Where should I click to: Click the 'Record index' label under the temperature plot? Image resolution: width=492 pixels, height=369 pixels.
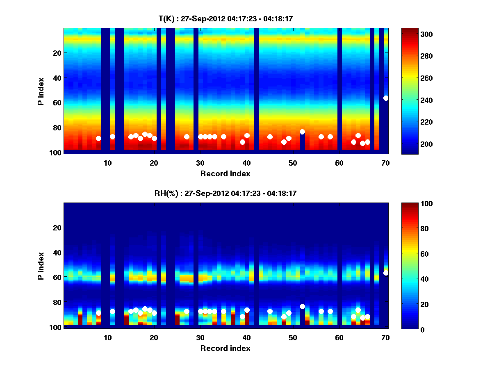pos(225,173)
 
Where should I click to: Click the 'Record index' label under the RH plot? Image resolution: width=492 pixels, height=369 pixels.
pos(225,348)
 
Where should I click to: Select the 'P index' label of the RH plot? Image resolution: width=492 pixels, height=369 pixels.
pos(41,265)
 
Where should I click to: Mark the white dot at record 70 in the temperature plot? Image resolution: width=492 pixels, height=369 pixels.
pos(386,98)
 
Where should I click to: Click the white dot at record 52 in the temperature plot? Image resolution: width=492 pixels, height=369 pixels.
pos(302,132)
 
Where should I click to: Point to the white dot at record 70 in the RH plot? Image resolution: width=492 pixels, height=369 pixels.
pos(386,273)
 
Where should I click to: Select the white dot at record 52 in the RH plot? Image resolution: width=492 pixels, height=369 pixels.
pos(302,306)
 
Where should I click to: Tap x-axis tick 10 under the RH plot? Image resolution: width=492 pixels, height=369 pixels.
pos(108,337)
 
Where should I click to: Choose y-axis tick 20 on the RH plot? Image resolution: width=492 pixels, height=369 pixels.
pos(57,228)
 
